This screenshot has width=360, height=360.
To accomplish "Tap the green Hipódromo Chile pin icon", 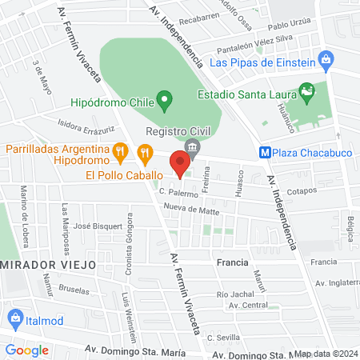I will coord(165,101).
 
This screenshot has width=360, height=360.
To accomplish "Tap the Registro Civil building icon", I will coord(191,147).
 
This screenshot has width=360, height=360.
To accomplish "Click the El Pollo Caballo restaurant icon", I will coord(145,150).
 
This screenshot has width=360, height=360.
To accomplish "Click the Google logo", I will coord(27,350).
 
